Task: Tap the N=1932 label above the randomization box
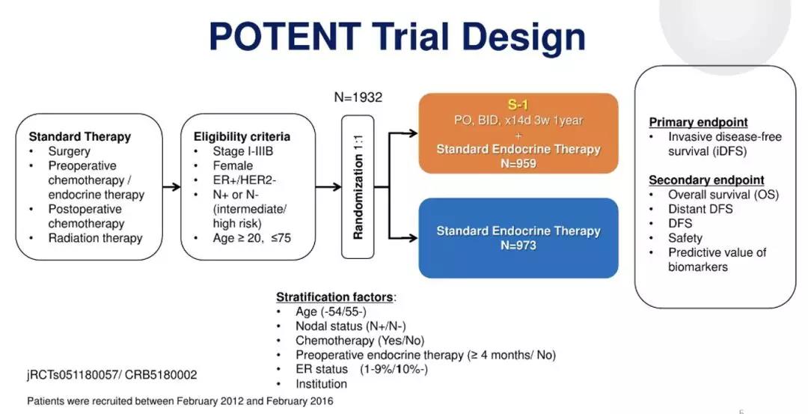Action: click(x=358, y=97)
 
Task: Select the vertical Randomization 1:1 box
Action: click(x=358, y=186)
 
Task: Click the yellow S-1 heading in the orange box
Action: click(x=518, y=106)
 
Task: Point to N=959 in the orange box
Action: click(x=518, y=163)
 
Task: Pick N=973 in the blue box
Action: click(x=518, y=245)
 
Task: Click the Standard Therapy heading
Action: click(x=79, y=137)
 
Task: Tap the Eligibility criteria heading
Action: click(x=242, y=137)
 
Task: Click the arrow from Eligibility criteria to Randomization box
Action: click(x=328, y=187)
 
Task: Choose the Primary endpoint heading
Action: click(x=698, y=122)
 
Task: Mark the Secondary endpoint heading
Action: click(x=706, y=180)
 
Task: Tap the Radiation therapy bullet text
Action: click(x=95, y=238)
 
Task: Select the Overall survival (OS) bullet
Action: click(x=723, y=195)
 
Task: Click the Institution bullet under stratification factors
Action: click(x=321, y=384)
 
